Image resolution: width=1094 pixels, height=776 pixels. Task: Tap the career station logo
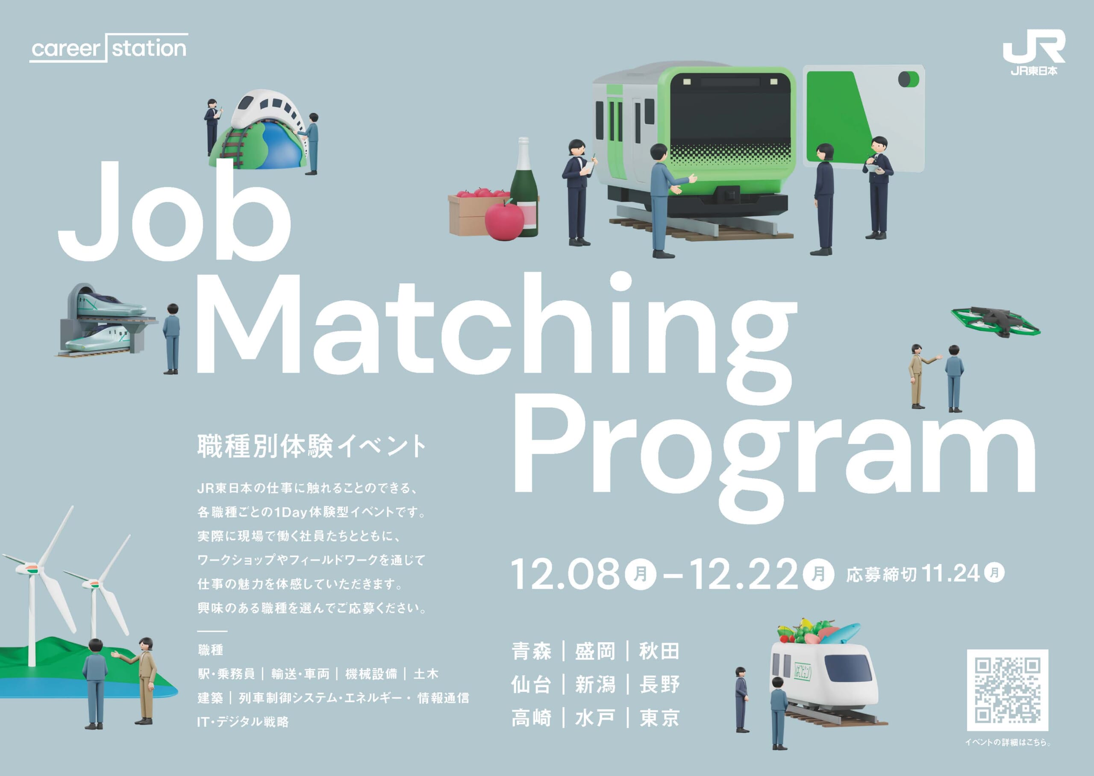[x=109, y=48]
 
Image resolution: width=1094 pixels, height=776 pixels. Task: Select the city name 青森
[x=531, y=651]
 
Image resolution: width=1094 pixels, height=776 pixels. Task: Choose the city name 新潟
[x=595, y=684]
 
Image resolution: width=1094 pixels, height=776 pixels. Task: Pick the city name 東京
[x=660, y=718]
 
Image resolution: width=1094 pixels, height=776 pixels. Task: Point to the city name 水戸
[x=595, y=718]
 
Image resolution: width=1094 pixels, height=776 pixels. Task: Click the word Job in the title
[x=174, y=210]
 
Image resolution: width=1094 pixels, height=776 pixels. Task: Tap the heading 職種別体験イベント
[x=312, y=446]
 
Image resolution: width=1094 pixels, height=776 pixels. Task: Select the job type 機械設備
[x=371, y=674]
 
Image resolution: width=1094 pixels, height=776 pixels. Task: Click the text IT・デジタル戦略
[x=243, y=722]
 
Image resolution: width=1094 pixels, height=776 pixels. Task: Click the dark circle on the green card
[x=905, y=79]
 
